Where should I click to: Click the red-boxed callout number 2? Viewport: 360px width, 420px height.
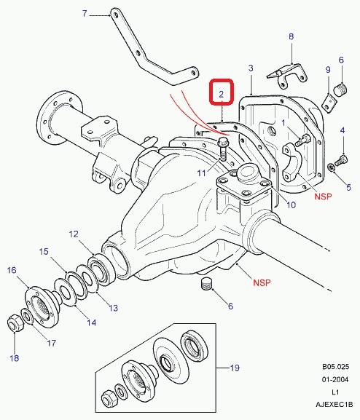[x=221, y=95]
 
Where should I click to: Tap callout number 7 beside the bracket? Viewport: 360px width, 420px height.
[x=85, y=13]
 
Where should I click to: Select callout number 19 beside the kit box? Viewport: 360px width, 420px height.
[x=235, y=368]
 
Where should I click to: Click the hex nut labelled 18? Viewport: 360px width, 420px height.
[x=15, y=322]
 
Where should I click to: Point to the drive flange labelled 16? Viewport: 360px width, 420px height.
[x=42, y=305]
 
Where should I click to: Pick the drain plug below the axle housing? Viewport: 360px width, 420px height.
[x=206, y=284]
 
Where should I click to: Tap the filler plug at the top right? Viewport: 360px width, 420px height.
[x=341, y=89]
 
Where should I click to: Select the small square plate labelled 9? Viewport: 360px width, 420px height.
[x=329, y=103]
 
